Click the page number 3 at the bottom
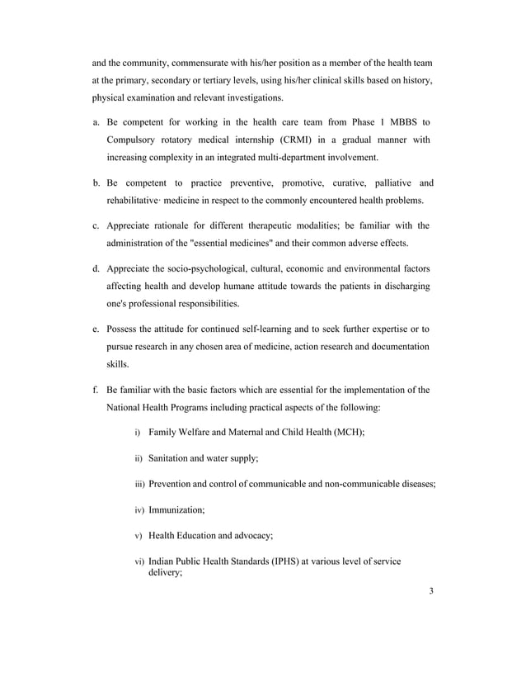431,591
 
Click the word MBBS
399,121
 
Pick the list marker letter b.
96,182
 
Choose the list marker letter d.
96,268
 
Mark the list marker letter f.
95,389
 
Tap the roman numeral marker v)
139,535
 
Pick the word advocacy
247,535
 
